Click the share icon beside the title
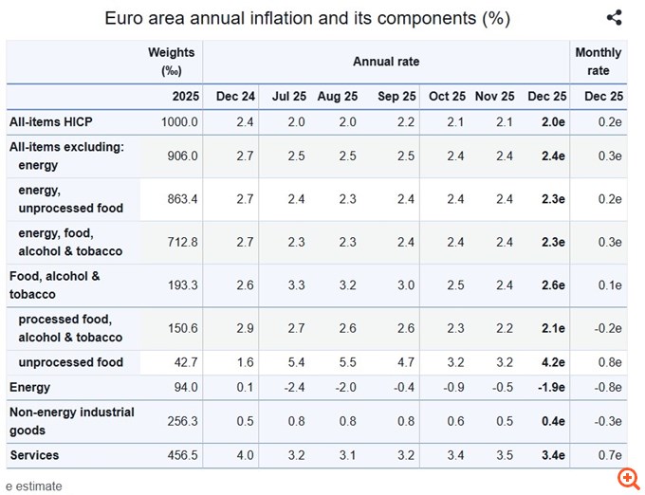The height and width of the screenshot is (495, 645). (x=614, y=17)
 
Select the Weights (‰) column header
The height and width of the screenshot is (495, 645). (x=172, y=61)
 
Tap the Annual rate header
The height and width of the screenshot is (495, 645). (x=386, y=62)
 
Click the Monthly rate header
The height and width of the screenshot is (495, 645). (x=599, y=61)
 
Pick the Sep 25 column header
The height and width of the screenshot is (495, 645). (x=396, y=96)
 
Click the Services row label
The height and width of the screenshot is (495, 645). (x=34, y=455)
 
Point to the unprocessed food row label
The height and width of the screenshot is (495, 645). (x=70, y=362)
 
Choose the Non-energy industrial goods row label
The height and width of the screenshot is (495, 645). (x=71, y=421)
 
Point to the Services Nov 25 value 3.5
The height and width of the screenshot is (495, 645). (x=503, y=455)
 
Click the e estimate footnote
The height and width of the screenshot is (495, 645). (x=33, y=486)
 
